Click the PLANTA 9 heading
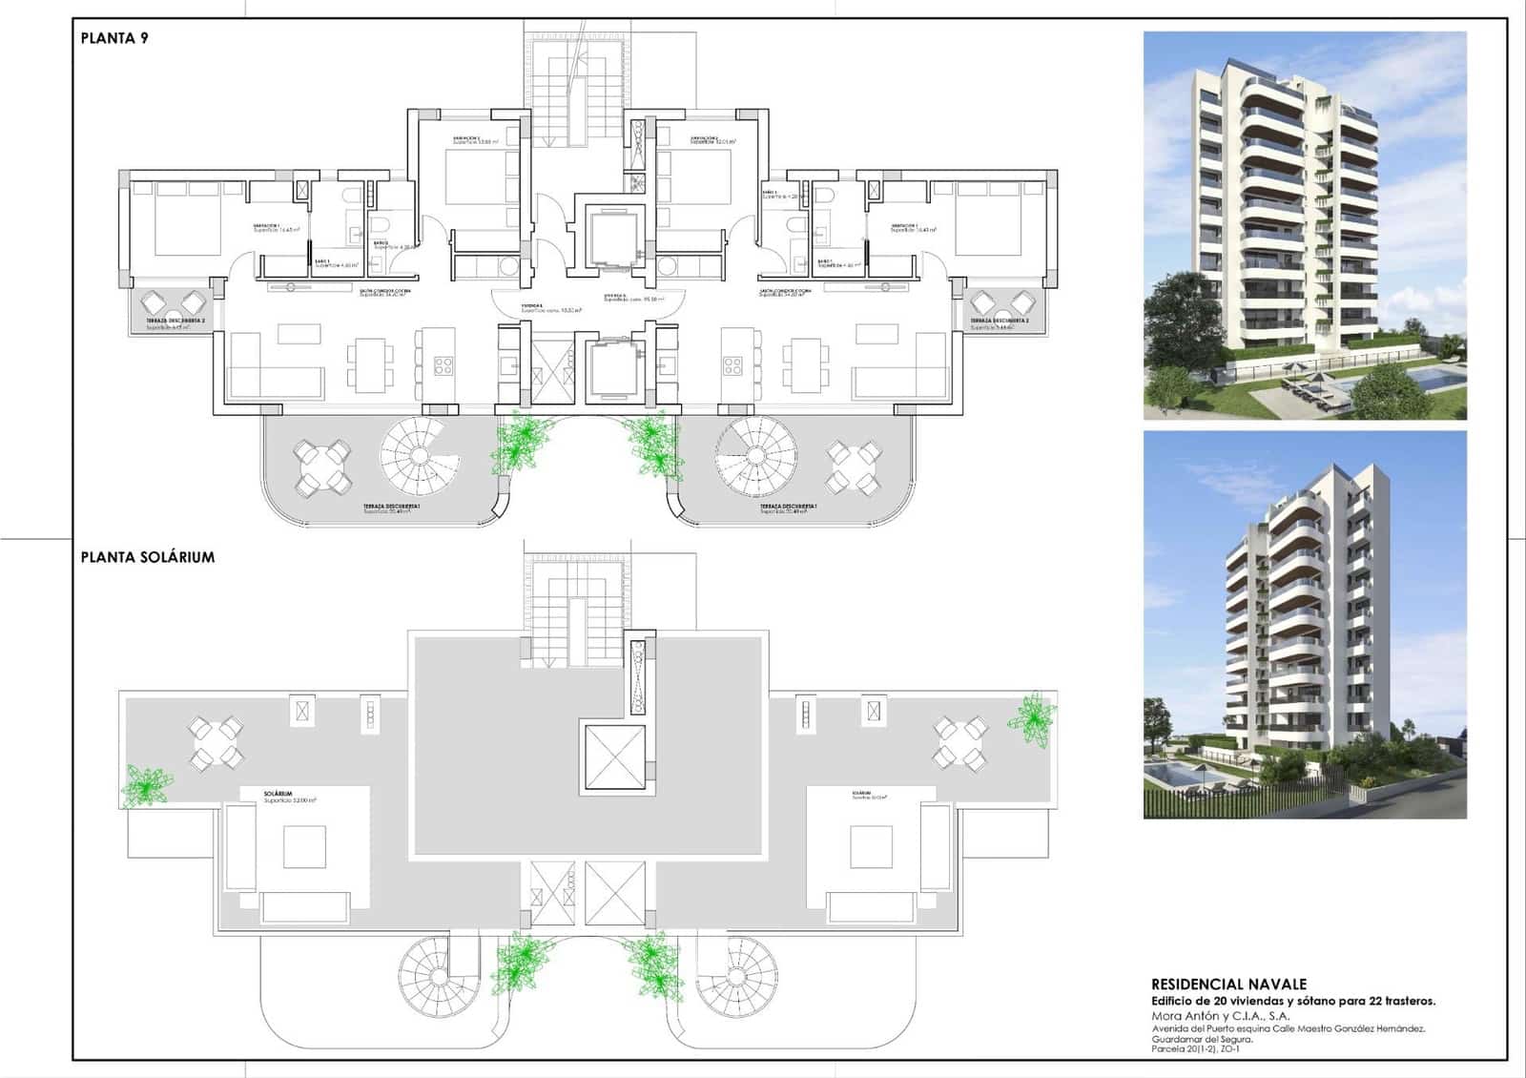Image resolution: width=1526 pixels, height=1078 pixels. coord(114,38)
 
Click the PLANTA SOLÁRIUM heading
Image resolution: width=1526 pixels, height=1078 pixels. coord(148,557)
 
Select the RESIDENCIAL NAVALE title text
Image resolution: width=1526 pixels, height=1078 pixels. coord(1228,985)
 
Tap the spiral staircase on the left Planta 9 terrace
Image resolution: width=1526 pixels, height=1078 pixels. coord(413,451)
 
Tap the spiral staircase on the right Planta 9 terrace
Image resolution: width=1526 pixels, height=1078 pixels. coord(756,451)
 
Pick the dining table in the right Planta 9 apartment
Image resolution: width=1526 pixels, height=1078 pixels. coord(799,364)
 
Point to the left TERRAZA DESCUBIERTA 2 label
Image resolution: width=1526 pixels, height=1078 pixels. coord(175,322)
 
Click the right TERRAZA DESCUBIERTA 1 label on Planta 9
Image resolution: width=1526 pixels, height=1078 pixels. coord(788,508)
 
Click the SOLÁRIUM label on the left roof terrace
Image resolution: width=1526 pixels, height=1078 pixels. coord(278,794)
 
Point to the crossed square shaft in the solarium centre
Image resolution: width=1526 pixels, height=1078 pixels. coord(613,758)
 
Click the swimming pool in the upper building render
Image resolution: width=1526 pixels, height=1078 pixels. coord(1421,379)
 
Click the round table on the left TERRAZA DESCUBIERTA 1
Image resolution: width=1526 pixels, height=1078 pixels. coord(321,467)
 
